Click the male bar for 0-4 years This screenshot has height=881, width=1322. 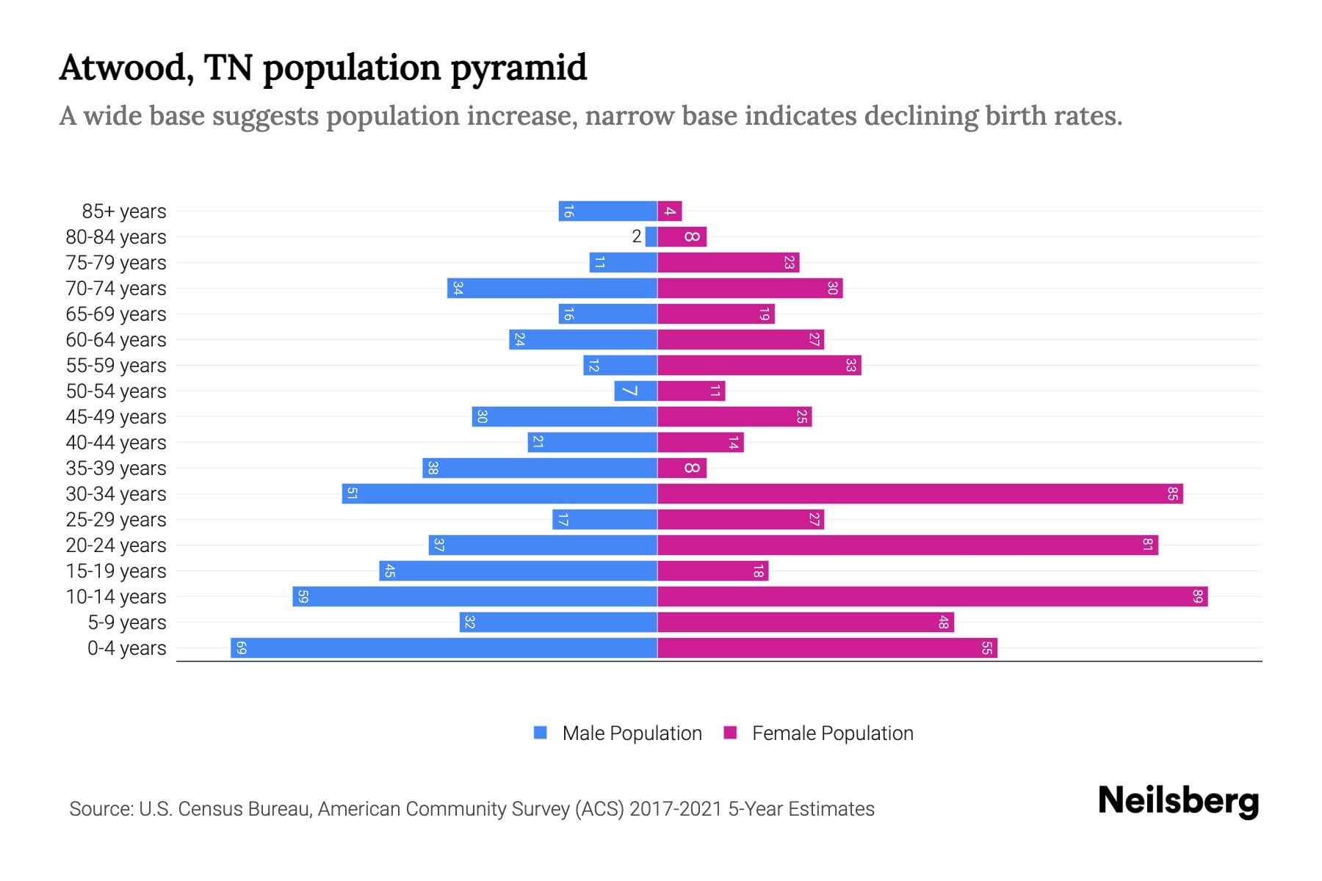click(444, 648)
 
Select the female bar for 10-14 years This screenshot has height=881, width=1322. click(932, 597)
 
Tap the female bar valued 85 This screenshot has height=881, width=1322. click(920, 494)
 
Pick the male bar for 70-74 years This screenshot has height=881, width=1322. click(552, 289)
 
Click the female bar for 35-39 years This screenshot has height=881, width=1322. click(682, 468)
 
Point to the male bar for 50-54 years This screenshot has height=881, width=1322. click(635, 391)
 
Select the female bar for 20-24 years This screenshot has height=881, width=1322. click(907, 545)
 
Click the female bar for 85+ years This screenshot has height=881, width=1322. click(670, 211)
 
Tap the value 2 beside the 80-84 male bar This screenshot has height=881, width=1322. click(637, 236)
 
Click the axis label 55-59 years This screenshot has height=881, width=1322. click(116, 366)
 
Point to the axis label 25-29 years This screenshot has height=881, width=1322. click(116, 520)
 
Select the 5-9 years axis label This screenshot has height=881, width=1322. click(127, 623)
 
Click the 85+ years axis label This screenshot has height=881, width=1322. click(124, 211)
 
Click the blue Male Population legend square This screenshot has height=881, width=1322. click(541, 733)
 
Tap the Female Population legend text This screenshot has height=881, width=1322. click(832, 733)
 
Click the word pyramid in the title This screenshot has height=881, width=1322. click(519, 68)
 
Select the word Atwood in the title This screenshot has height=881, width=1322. click(125, 68)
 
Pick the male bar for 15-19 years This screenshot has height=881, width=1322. click(518, 571)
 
